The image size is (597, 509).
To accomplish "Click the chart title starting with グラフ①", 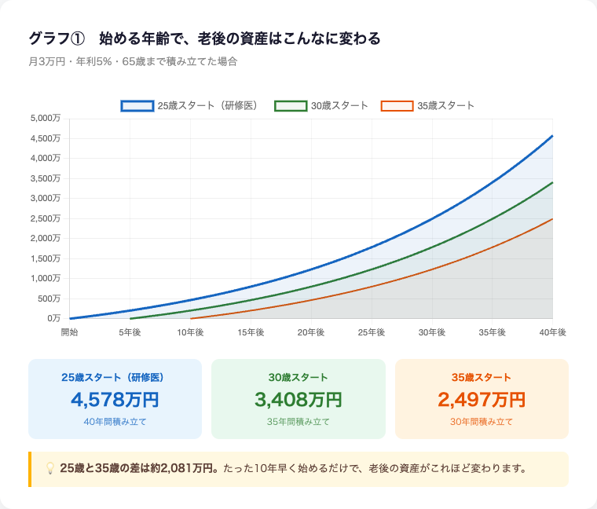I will click(x=204, y=38).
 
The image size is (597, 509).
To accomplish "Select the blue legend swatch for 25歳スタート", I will click(x=137, y=106).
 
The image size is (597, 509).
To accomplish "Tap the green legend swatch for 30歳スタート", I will click(x=290, y=106).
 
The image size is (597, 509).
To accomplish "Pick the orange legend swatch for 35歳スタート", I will click(x=396, y=106).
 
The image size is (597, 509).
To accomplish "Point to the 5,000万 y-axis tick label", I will click(x=45, y=119).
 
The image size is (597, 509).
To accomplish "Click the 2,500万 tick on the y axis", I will click(x=45, y=218).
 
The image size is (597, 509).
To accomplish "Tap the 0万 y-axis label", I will click(x=53, y=318).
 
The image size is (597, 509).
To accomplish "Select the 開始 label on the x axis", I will click(x=69, y=333).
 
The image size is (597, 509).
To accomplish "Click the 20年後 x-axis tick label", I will click(x=311, y=333).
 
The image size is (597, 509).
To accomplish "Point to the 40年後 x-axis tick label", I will click(x=552, y=333).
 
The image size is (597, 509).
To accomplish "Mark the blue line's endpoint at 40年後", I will click(x=552, y=136).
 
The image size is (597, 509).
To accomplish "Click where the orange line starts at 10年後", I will click(x=191, y=318).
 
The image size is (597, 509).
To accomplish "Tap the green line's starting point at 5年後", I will click(x=130, y=318).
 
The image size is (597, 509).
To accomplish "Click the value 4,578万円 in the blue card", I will click(x=115, y=400).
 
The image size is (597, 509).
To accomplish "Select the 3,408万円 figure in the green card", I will click(x=298, y=400).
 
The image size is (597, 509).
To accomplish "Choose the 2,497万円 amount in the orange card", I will click(x=482, y=400).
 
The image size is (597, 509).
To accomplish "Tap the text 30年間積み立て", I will click(x=482, y=422).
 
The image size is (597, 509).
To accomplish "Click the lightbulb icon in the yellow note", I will click(x=49, y=469).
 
